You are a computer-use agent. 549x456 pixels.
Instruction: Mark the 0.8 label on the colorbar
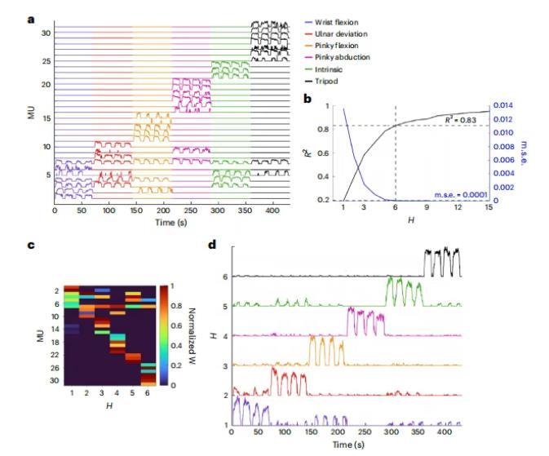174,305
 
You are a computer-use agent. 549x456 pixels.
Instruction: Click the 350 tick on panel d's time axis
417,434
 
